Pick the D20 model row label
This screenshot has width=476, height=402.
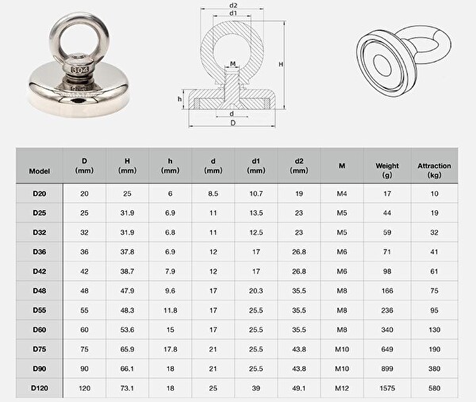tap(40, 193)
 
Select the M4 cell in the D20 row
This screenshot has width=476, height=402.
tap(341, 193)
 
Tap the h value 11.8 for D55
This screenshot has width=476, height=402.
tap(169, 310)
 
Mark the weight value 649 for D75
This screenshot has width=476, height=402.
tap(387, 349)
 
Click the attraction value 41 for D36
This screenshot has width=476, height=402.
tap(434, 251)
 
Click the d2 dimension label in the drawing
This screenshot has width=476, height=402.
tap(233, 6)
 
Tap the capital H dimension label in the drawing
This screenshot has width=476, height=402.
tap(281, 63)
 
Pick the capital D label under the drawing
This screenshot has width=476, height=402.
tap(232, 124)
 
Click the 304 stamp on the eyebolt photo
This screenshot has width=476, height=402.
tap(80, 70)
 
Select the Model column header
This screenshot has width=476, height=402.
tap(40, 170)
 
